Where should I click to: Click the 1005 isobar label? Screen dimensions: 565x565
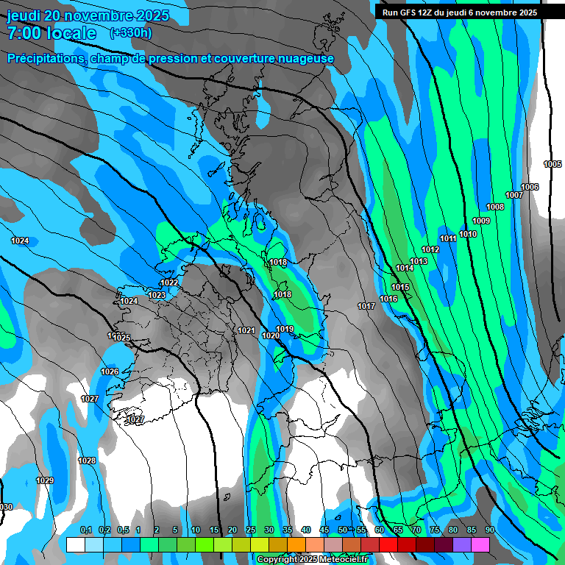coord(552,164)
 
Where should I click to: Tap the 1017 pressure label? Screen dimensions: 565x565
coord(366,306)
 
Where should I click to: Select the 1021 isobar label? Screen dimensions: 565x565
coord(246,330)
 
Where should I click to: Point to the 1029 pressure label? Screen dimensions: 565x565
coord(45,480)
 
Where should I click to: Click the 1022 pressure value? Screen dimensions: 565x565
coord(169,282)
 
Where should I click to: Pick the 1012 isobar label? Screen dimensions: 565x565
coord(430,250)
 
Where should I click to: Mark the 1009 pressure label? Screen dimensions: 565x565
coord(481,221)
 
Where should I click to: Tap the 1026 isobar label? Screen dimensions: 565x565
coord(110,372)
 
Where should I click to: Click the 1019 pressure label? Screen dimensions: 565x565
coord(285,329)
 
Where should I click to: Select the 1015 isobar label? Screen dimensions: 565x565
coord(400,287)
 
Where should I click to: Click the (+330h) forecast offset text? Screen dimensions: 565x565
coord(131,32)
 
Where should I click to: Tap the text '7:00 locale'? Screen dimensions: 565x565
coord(51,33)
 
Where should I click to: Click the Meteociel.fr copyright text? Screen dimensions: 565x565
coord(313,559)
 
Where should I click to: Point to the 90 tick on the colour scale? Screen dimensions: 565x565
coord(489,530)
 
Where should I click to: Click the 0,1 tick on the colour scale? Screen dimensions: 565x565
coord(85,530)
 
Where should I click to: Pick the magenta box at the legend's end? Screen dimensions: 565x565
coord(480,544)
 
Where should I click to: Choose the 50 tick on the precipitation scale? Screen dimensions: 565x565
coord(343,530)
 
